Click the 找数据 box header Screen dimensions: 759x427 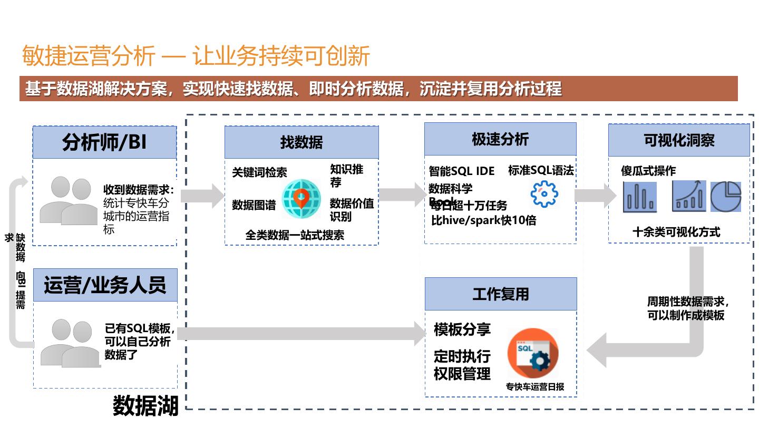[301, 142]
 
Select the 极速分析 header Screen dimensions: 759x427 [500, 140]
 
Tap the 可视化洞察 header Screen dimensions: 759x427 [679, 140]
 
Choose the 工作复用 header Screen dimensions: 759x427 [501, 294]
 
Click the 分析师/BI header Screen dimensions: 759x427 [104, 142]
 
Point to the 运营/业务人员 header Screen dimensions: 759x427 [105, 285]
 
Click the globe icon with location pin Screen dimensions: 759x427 [301, 199]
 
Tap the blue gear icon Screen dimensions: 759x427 [544, 194]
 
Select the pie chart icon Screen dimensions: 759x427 [726, 197]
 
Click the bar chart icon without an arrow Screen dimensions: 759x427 [640, 197]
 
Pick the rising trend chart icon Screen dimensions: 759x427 [689, 196]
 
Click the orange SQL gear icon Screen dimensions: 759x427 [532, 353]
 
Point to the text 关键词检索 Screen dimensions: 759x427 [259, 172]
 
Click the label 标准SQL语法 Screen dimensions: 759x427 [541, 170]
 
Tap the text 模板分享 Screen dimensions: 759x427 [462, 330]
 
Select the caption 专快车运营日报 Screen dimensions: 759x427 [534, 386]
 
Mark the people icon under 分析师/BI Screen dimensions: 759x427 [69, 200]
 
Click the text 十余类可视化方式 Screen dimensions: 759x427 [676, 232]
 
